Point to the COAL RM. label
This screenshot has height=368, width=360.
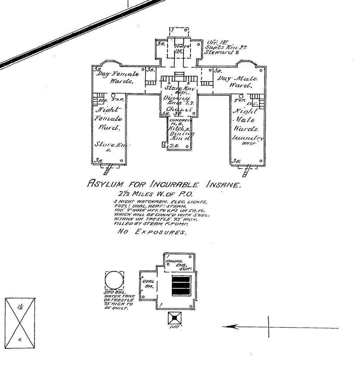(146, 283)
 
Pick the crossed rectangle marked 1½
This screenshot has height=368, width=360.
(20, 323)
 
